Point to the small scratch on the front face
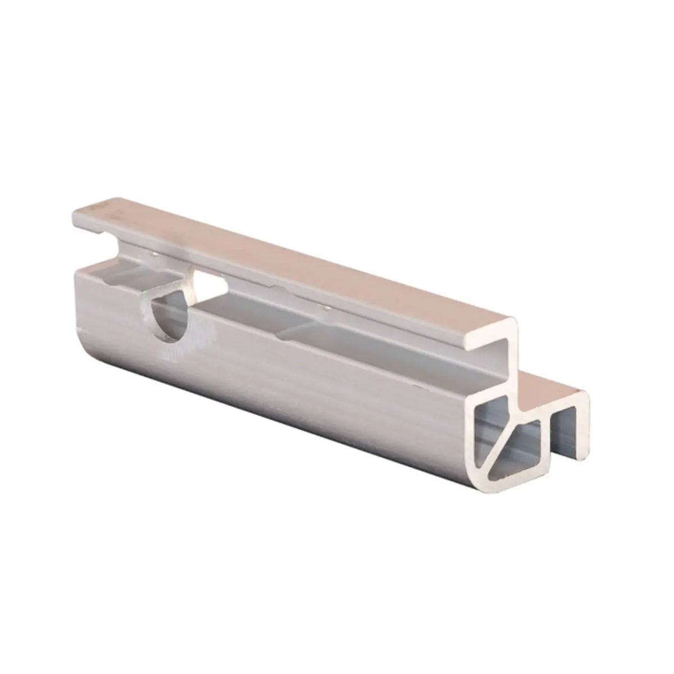(416, 386)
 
